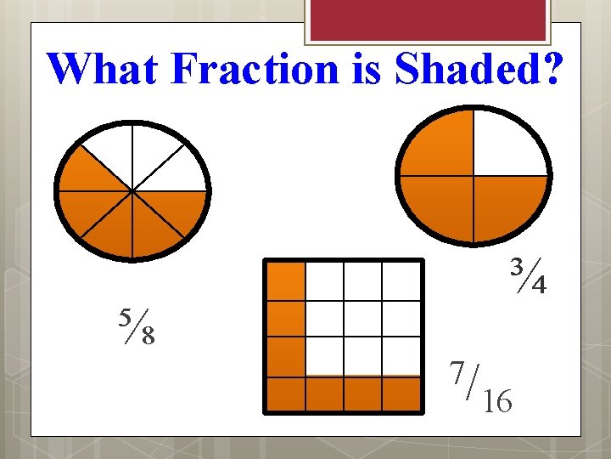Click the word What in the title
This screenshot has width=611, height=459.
click(102, 68)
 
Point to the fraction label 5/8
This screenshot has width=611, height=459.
click(137, 326)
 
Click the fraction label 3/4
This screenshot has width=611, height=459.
click(527, 275)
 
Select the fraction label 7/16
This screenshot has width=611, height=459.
click(480, 387)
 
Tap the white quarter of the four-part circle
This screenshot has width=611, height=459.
click(507, 144)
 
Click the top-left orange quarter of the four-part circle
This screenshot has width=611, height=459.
click(440, 144)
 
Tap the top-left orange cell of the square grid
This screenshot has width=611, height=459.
click(286, 280)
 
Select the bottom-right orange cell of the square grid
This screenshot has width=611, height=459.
click(401, 394)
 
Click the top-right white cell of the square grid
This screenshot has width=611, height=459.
click(401, 280)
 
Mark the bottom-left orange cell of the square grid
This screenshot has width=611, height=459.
click(286, 394)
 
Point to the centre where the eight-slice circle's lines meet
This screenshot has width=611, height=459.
click(132, 191)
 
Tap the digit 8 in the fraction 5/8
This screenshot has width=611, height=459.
click(148, 336)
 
